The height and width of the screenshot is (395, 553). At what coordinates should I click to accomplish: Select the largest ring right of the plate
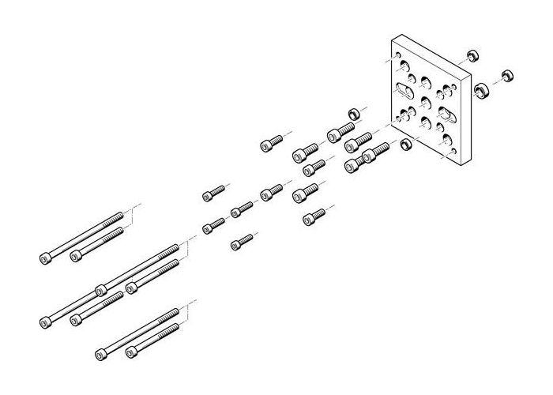[x=480, y=91]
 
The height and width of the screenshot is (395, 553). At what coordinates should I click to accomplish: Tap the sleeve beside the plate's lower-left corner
[x=404, y=145]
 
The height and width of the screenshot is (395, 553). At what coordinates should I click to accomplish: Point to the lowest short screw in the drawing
[x=242, y=242]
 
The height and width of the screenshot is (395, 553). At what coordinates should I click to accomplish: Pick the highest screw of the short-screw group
[x=270, y=143]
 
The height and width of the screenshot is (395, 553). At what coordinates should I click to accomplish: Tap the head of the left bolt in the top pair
[x=45, y=258]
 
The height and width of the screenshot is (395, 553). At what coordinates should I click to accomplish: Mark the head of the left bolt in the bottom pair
[x=101, y=355]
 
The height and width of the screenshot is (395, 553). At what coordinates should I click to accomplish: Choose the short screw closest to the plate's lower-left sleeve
[x=376, y=152]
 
